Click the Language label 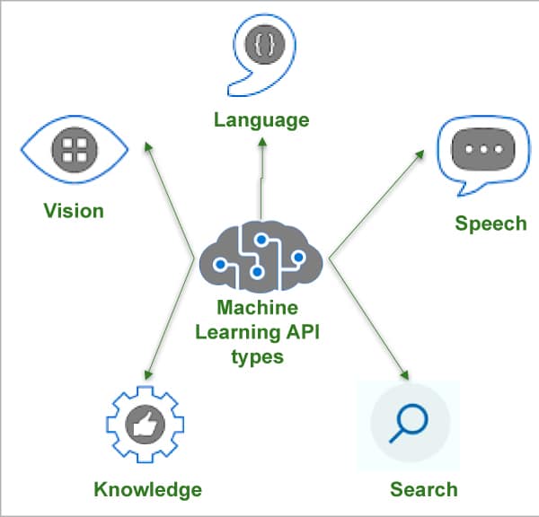[261, 119]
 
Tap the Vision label [74, 211]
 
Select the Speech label [490, 223]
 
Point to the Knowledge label [147, 489]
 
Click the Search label [423, 489]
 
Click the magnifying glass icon [410, 424]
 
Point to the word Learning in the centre [242, 332]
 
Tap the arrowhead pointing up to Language [263, 144]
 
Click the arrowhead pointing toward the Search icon [406, 375]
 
